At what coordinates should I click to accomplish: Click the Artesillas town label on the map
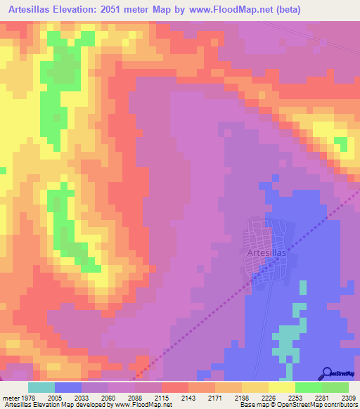pyautogui.click(x=266, y=252)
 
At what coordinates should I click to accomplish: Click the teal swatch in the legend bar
pyautogui.click(x=41, y=387)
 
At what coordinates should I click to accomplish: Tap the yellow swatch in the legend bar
pyautogui.click(x=281, y=387)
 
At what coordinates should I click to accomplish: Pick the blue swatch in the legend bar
pyautogui.click(x=68, y=387)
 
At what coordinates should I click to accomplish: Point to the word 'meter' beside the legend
pyautogui.click(x=10, y=398)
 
